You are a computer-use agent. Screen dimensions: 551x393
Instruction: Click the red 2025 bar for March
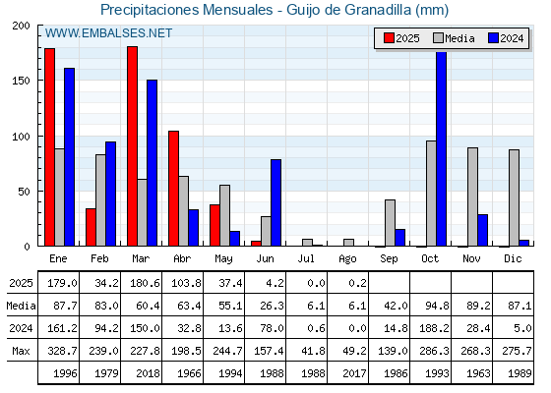[x=133, y=146]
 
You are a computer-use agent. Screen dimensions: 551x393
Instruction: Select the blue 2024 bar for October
[x=442, y=148]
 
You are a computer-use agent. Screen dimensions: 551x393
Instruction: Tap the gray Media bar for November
[x=472, y=196]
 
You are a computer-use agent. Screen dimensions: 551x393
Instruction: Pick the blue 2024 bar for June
[x=275, y=202]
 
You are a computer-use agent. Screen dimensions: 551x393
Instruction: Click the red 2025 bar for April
[x=173, y=189]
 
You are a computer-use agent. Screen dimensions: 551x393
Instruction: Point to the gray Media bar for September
[x=390, y=223]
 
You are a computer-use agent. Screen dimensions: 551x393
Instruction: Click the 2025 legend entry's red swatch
[x=389, y=38]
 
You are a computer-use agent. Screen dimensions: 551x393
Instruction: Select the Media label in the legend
[x=459, y=38]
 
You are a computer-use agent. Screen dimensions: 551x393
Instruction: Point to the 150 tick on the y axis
[x=22, y=81]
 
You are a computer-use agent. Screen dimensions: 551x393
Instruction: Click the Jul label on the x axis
[x=306, y=259]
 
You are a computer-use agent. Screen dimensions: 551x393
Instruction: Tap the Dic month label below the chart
[x=513, y=259]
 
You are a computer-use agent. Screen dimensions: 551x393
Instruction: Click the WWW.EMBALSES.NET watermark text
[x=108, y=33]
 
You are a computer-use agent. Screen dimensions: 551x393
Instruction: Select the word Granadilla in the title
[x=378, y=10]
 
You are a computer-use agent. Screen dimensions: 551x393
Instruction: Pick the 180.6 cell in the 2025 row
[x=145, y=283]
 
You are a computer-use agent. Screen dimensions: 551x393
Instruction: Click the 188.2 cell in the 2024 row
[x=434, y=328]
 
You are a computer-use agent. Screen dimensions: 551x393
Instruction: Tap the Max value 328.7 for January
[x=62, y=351]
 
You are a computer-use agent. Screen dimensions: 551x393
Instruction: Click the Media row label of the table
[x=21, y=306]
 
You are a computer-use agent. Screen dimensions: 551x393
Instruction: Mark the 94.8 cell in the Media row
[x=437, y=306]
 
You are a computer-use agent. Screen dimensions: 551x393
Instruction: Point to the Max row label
[x=21, y=351]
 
